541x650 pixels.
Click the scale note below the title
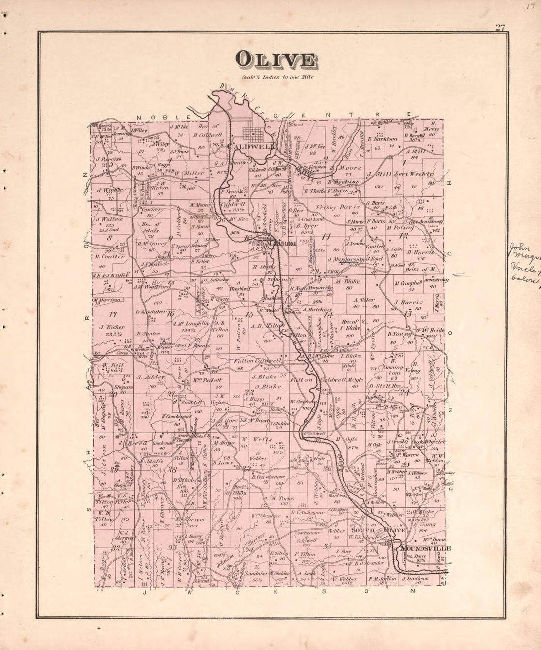tap(277, 77)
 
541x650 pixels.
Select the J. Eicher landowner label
tap(112, 327)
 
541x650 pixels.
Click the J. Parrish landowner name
tap(109, 159)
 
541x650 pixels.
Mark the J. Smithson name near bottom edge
tap(416, 579)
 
